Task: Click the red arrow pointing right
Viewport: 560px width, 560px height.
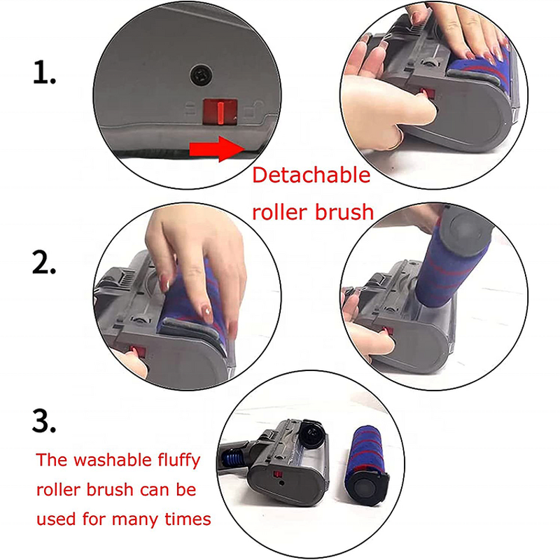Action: (x=213, y=148)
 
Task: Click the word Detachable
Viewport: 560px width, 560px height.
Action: (x=311, y=176)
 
